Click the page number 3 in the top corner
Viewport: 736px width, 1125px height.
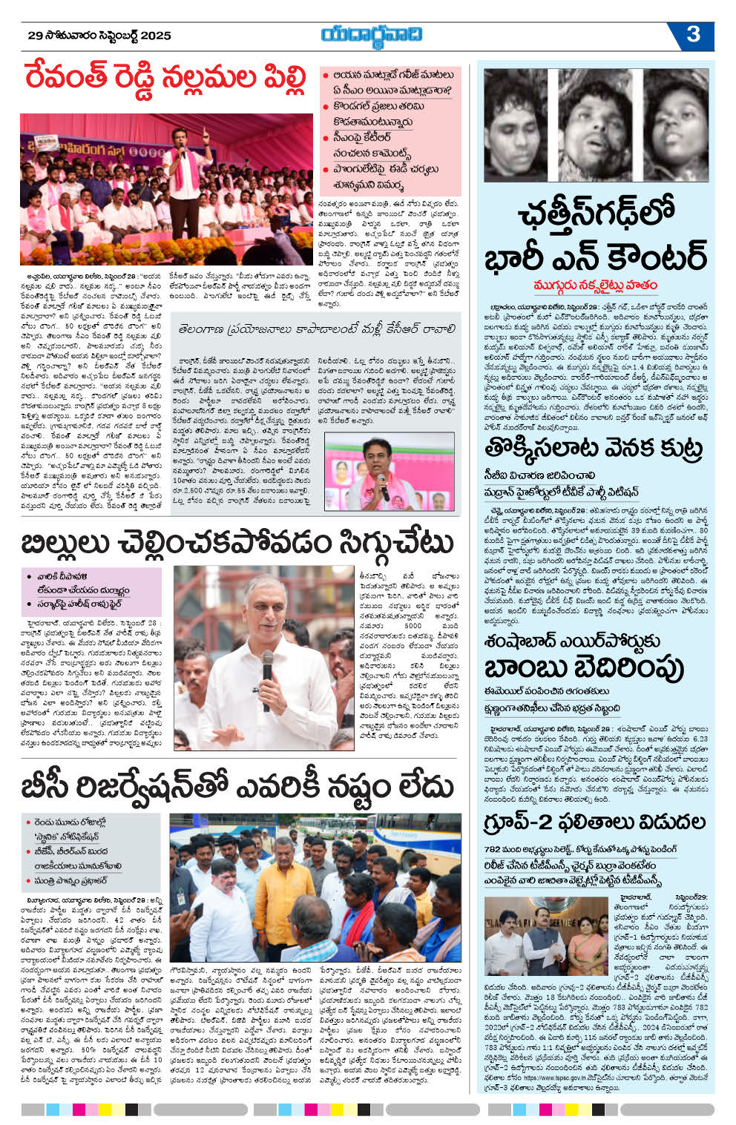coord(694,34)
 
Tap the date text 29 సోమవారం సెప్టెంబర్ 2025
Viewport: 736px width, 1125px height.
coord(99,35)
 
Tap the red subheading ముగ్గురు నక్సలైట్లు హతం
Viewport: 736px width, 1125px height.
coord(596,286)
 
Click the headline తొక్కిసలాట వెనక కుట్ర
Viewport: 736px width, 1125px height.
coord(593,449)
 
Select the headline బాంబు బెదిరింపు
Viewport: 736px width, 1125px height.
coord(583,667)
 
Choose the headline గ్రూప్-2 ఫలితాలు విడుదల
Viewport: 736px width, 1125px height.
coord(594,822)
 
